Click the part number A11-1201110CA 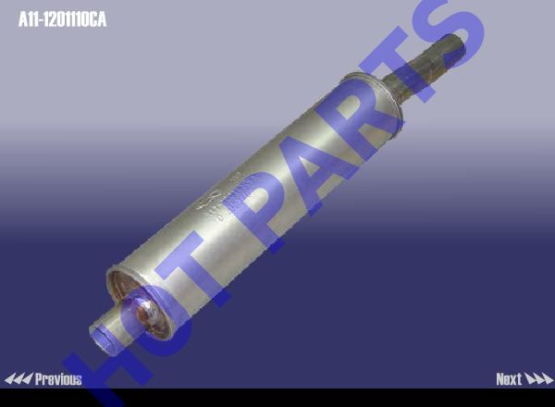pos(62,19)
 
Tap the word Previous pos(58,379)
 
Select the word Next pos(509,379)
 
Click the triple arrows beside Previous pos(18,379)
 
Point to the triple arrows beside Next pos(538,379)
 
